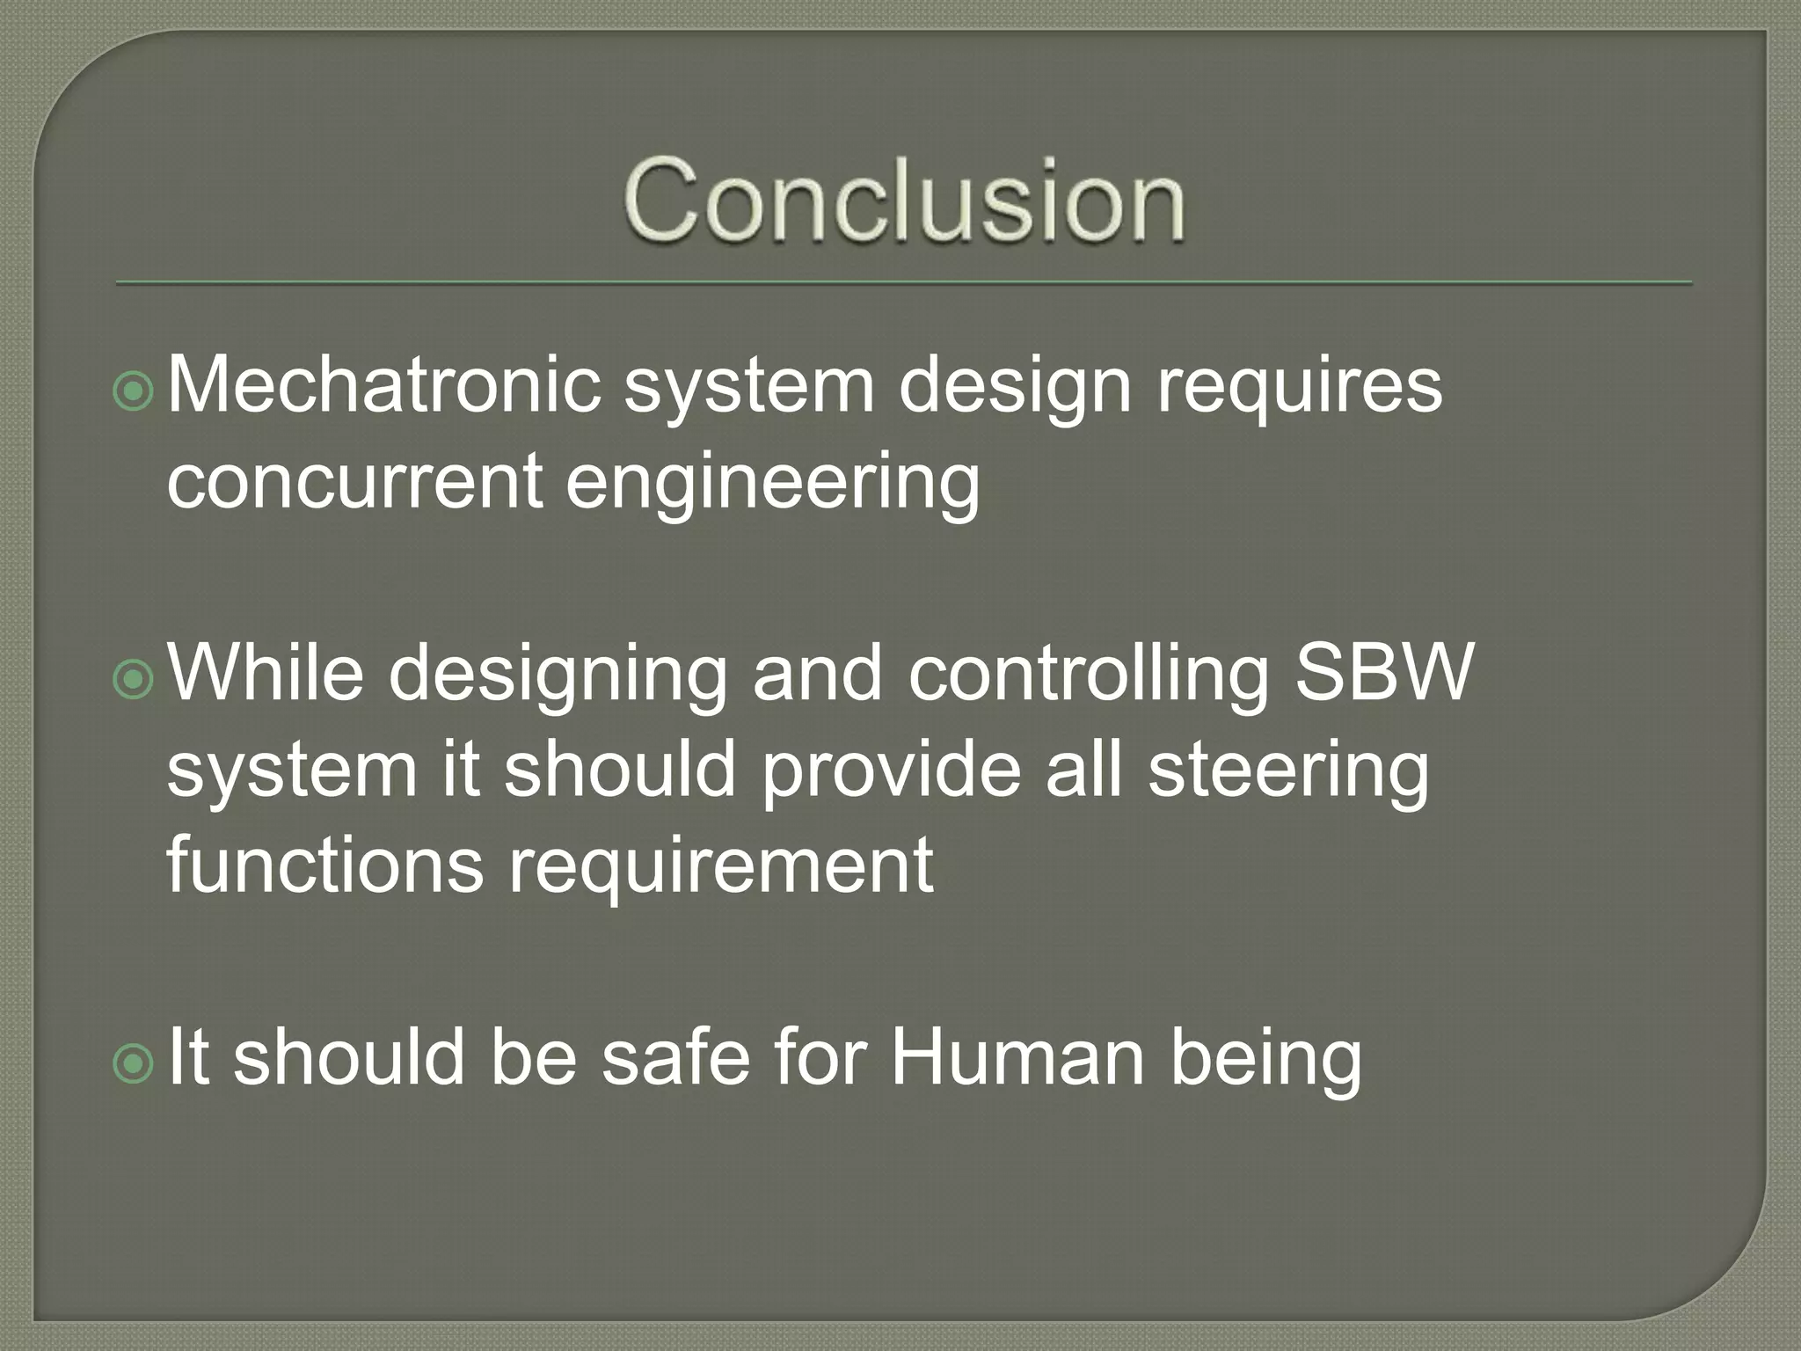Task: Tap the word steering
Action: (x=1288, y=770)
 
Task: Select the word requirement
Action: (x=721, y=866)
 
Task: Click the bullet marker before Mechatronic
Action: (x=134, y=391)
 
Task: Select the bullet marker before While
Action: (x=134, y=679)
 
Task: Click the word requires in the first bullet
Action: (x=1299, y=387)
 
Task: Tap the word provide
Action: (x=891, y=770)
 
